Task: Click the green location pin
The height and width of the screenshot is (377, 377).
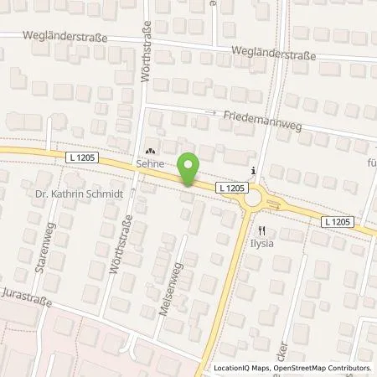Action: pyautogui.click(x=190, y=169)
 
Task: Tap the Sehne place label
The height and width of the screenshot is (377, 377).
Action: pyautogui.click(x=150, y=165)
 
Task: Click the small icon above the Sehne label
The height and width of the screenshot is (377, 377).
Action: pyautogui.click(x=151, y=152)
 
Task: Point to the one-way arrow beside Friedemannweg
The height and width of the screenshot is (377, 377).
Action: pyautogui.click(x=214, y=112)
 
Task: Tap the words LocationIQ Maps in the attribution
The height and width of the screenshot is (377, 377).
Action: pyautogui.click(x=244, y=368)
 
